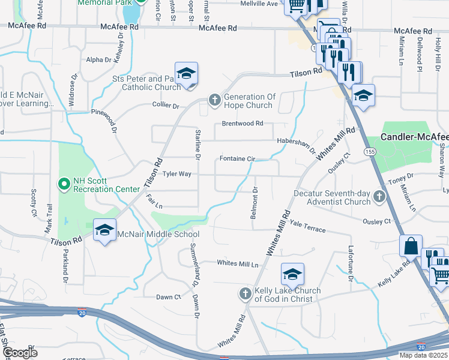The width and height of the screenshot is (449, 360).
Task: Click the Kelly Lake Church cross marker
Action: coord(245,293)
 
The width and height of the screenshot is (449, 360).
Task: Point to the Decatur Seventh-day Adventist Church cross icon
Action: coord(379,196)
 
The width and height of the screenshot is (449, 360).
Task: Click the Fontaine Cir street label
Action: coord(238,158)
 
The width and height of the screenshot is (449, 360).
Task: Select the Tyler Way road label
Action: coord(177,174)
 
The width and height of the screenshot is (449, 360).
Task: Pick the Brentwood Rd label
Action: coord(243,124)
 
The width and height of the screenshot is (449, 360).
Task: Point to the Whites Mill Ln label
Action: coord(237,263)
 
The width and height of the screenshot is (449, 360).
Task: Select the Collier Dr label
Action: coord(166,106)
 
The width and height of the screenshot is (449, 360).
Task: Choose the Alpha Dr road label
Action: coord(99,60)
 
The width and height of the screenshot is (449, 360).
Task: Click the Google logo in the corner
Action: coord(20,352)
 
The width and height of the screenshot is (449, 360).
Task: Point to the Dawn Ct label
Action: coord(169,297)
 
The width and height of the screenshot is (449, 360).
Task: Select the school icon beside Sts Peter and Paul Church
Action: coord(187,74)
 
